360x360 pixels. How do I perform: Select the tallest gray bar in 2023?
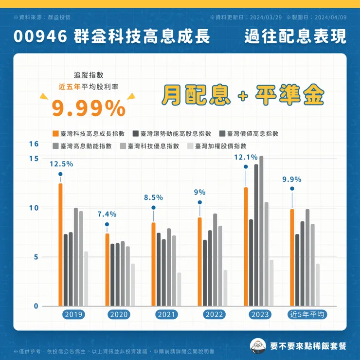pyautogui.click(x=261, y=231)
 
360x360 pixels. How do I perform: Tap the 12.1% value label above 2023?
pyautogui.click(x=246, y=157)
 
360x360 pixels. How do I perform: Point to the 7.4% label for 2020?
pyautogui.click(x=107, y=214)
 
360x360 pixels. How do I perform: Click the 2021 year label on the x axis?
pyautogui.click(x=166, y=315)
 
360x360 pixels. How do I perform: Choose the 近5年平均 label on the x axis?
pyautogui.click(x=307, y=315)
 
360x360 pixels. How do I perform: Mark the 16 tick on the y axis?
pyautogui.click(x=33, y=144)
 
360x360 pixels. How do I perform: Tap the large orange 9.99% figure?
pyautogui.click(x=89, y=108)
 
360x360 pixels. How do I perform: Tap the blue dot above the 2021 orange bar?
pyautogui.click(x=153, y=208)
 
